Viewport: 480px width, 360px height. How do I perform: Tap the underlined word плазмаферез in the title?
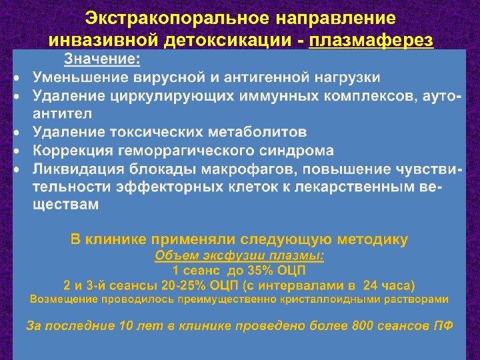click(x=371, y=41)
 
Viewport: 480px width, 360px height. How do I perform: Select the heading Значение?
click(x=102, y=60)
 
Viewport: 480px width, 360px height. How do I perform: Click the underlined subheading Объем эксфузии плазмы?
click(x=239, y=256)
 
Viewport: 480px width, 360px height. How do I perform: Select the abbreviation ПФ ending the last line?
click(x=443, y=327)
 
